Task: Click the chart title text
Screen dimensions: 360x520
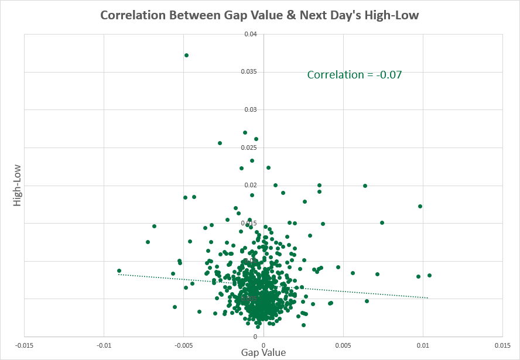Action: click(260, 15)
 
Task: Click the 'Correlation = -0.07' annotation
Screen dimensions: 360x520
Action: click(354, 75)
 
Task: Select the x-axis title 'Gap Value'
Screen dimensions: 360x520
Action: click(264, 352)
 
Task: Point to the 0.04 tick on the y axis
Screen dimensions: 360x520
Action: click(252, 34)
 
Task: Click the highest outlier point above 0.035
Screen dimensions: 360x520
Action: click(186, 55)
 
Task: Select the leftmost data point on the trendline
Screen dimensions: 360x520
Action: click(119, 271)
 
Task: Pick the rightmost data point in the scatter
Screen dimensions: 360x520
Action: click(429, 275)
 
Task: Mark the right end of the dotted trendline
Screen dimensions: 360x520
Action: click(428, 298)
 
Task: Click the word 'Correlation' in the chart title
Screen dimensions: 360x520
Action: click(132, 15)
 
